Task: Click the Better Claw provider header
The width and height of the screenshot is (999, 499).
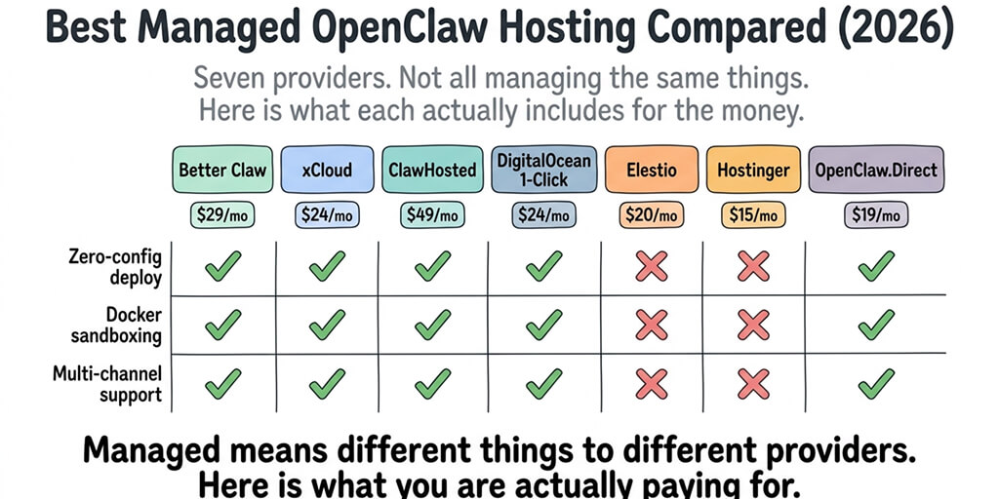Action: coord(222,170)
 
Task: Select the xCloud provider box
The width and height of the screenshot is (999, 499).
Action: coord(326,170)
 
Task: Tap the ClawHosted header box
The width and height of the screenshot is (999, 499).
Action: coord(430,170)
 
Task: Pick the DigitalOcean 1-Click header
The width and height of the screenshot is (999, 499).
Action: coord(543,170)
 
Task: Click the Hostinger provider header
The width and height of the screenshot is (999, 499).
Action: coord(753,170)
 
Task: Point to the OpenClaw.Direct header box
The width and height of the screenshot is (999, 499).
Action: coord(875,170)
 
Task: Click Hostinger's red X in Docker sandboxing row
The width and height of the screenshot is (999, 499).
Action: coord(753,325)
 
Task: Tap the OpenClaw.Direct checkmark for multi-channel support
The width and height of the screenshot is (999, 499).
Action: coord(875,384)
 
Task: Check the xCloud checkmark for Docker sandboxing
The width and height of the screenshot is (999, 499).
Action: coord(326,325)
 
